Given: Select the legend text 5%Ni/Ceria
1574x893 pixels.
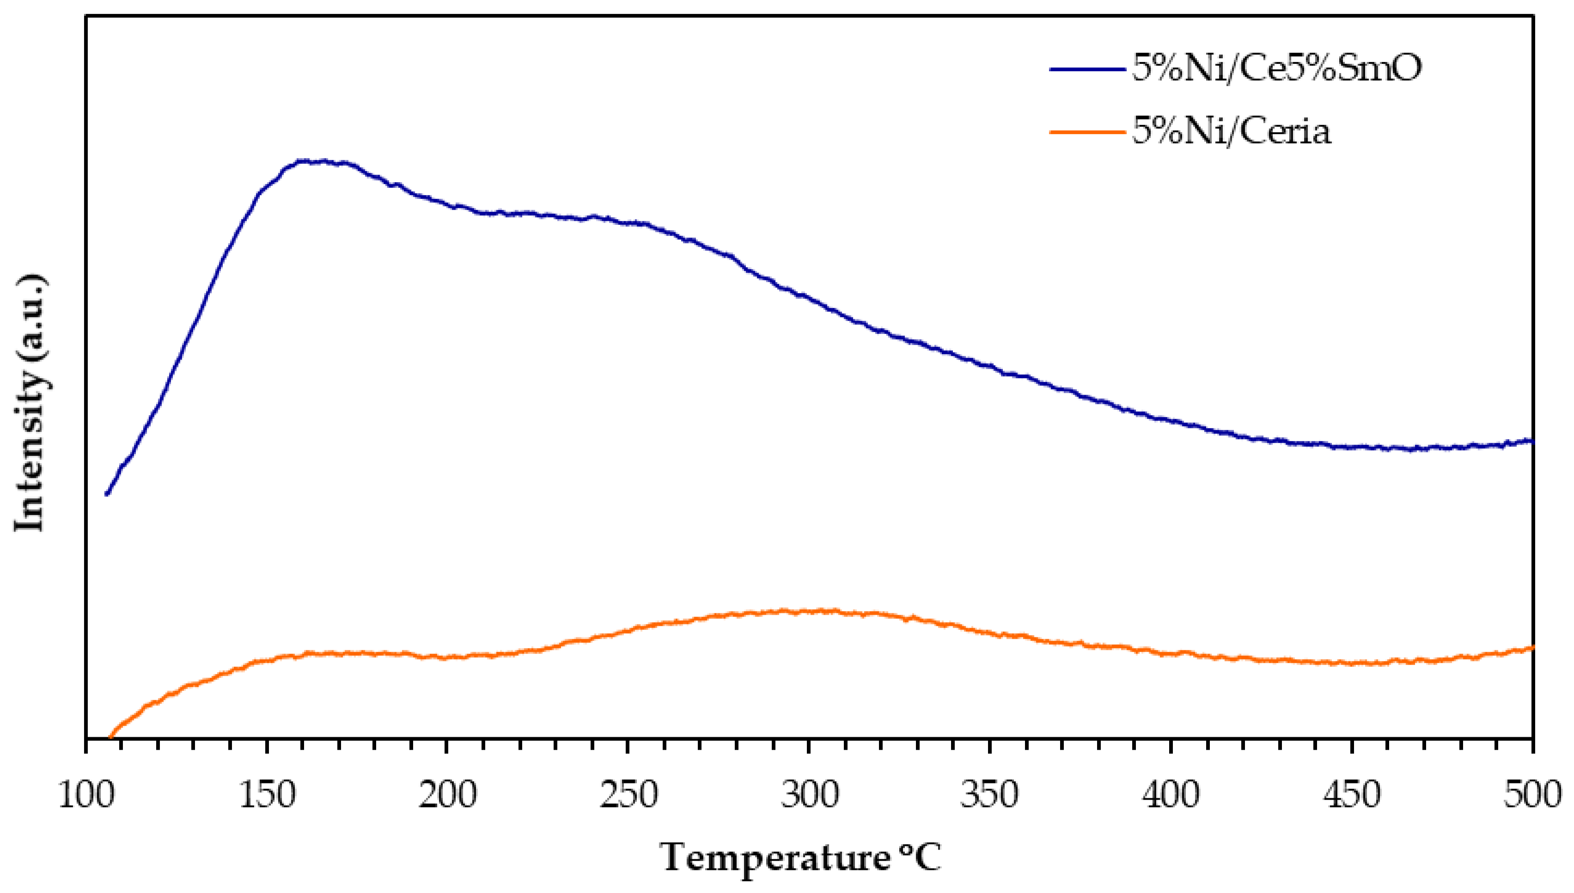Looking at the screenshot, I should click(1231, 132).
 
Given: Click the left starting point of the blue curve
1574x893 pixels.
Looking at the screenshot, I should click(107, 493).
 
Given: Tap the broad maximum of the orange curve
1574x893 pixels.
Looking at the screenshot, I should click(797, 612).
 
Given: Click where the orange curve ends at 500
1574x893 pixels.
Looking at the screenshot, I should click(1531, 648).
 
